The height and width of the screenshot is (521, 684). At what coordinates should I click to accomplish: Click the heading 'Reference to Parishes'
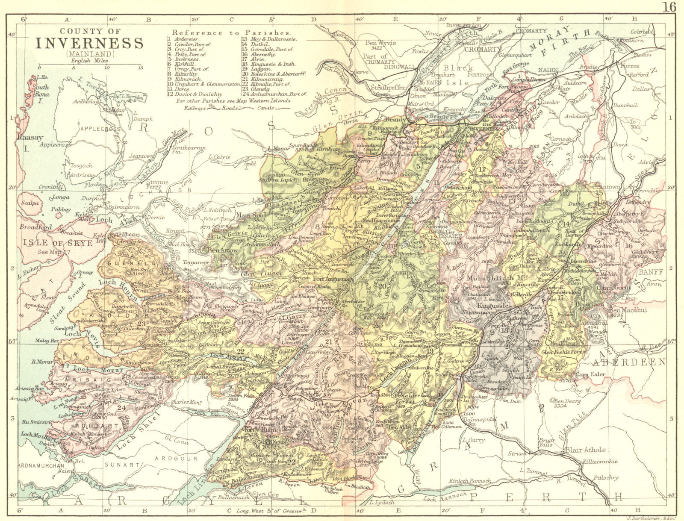click(232, 32)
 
